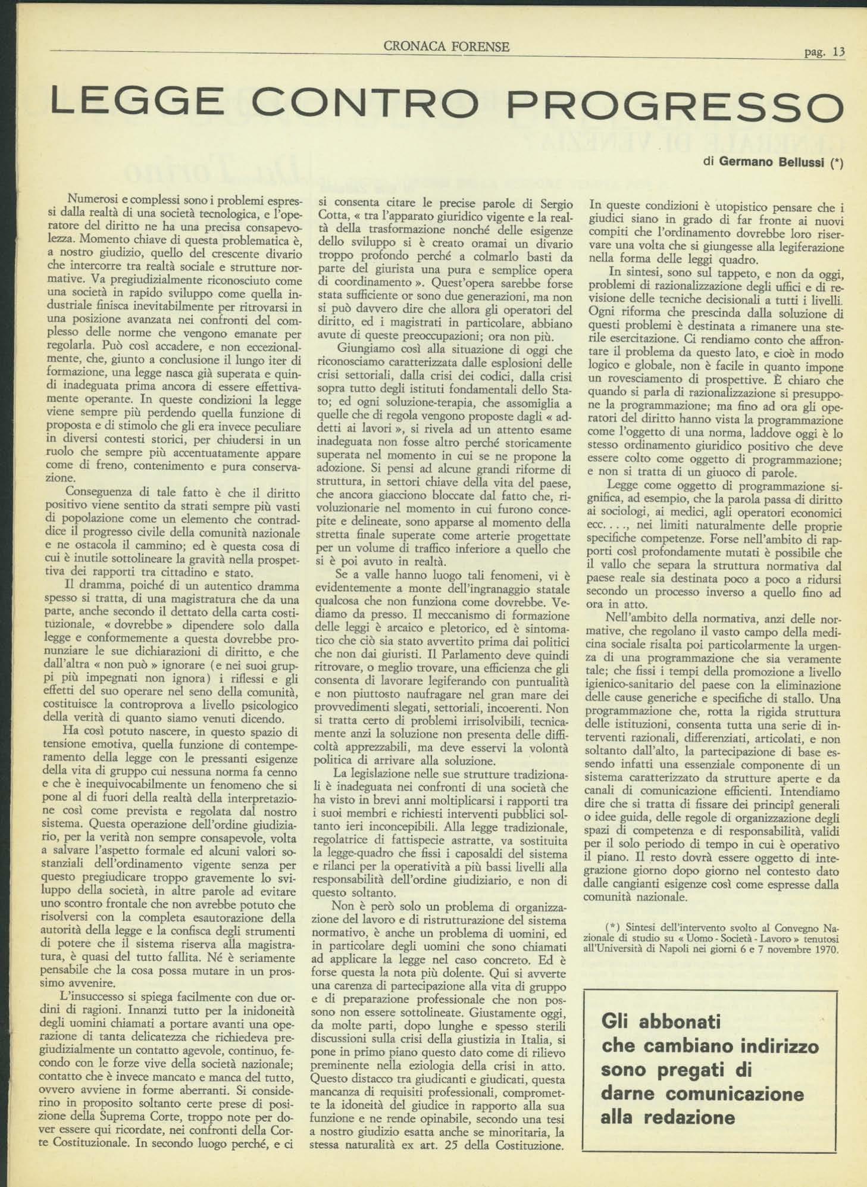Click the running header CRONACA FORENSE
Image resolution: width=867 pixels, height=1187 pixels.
click(447, 46)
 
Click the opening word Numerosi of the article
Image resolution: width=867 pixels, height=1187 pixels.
click(93, 199)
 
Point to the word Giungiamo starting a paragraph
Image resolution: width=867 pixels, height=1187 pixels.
click(364, 348)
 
